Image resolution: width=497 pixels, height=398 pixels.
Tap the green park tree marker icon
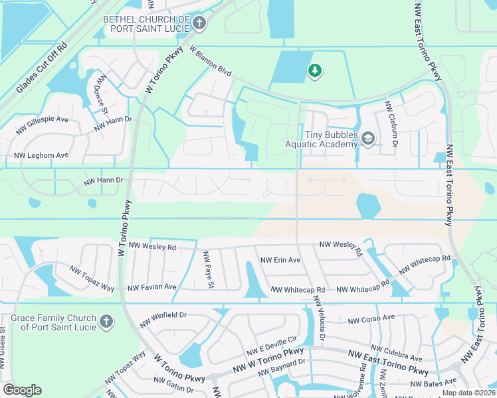pos(314,70)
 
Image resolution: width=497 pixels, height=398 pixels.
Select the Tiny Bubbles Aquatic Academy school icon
pos(368,139)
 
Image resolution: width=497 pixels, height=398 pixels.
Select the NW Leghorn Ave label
pos(41,155)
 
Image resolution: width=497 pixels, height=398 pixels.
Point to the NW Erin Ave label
pos(280,260)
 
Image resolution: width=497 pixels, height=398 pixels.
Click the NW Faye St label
pos(208,269)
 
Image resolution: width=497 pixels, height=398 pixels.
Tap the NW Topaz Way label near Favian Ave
pos(92,279)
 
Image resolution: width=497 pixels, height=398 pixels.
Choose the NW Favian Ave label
pos(152,287)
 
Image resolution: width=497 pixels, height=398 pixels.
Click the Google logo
pos(22,389)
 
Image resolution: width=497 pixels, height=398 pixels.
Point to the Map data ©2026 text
pos(468,393)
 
